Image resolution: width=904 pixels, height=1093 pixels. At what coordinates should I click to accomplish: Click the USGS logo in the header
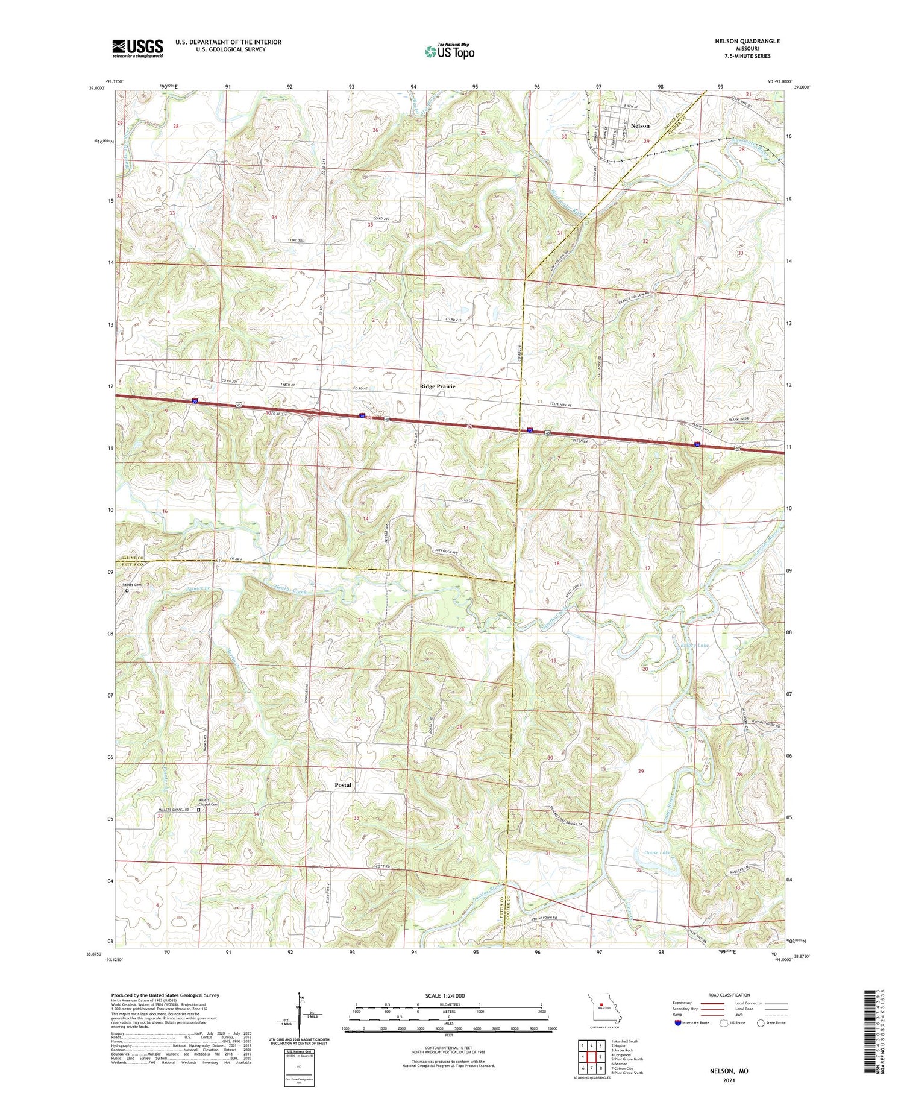(137, 48)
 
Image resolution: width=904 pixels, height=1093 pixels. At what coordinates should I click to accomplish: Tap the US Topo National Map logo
(449, 51)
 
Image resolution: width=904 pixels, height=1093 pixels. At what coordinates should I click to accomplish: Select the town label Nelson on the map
(639, 126)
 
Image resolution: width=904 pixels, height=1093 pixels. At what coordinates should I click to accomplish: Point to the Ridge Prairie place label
(438, 386)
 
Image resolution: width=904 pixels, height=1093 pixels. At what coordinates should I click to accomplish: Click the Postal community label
(343, 785)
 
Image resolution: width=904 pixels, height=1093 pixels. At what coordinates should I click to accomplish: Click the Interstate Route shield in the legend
(678, 1023)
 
